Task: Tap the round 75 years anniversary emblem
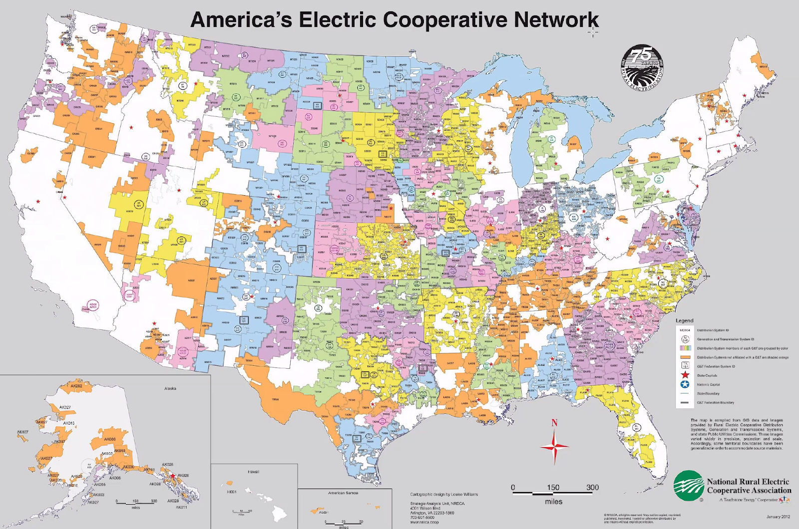[643, 66]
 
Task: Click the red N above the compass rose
[554, 423]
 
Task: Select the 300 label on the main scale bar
[592, 488]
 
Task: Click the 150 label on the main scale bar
[553, 488]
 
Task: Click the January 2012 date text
[778, 517]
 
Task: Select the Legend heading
[684, 320]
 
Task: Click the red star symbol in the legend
[685, 375]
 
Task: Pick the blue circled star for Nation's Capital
[685, 384]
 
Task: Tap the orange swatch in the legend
[685, 357]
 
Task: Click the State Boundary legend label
[708, 394]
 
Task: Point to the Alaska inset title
[170, 388]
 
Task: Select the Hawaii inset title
[254, 472]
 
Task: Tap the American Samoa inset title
[343, 493]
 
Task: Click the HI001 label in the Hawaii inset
[232, 492]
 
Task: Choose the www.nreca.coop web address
[421, 522]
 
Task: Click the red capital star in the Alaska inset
[173, 476]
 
